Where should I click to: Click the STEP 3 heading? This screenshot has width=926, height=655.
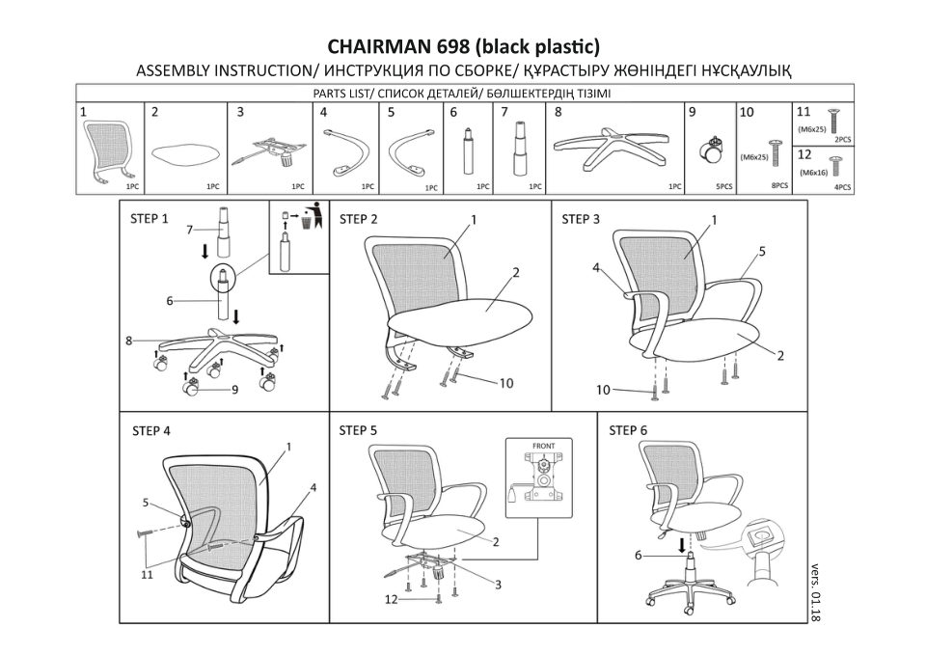click(581, 220)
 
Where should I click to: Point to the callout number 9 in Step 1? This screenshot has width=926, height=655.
click(234, 390)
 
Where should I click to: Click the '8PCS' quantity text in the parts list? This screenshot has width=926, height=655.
click(779, 184)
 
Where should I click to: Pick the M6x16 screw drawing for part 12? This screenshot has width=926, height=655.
click(835, 167)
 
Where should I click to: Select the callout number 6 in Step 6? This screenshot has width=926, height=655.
click(638, 555)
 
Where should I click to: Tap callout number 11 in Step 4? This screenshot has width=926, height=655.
click(146, 575)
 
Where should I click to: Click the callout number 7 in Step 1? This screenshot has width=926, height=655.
click(190, 229)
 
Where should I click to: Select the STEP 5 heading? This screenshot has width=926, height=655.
click(358, 430)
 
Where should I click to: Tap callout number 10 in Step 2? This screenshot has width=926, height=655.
click(505, 383)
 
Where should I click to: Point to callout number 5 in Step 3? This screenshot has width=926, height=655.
click(761, 252)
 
